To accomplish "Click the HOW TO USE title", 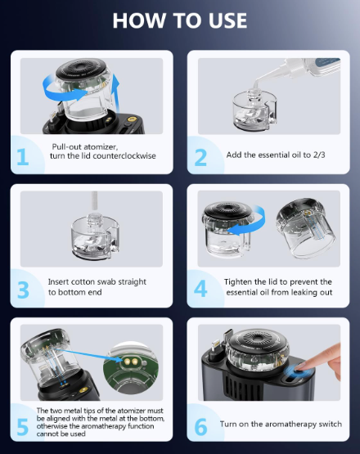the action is pyautogui.click(x=179, y=20).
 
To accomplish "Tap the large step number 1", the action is pyautogui.click(x=23, y=156).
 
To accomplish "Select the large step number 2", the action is pyautogui.click(x=200, y=157).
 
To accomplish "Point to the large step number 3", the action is pyautogui.click(x=23, y=290).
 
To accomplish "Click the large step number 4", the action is pyautogui.click(x=200, y=289).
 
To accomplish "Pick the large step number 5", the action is pyautogui.click(x=23, y=426).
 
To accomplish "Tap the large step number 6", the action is pyautogui.click(x=200, y=426).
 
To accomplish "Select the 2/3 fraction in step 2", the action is pyautogui.click(x=319, y=155).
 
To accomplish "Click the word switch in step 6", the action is pyautogui.click(x=331, y=425).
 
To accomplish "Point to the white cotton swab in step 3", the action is pyautogui.click(x=93, y=202).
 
